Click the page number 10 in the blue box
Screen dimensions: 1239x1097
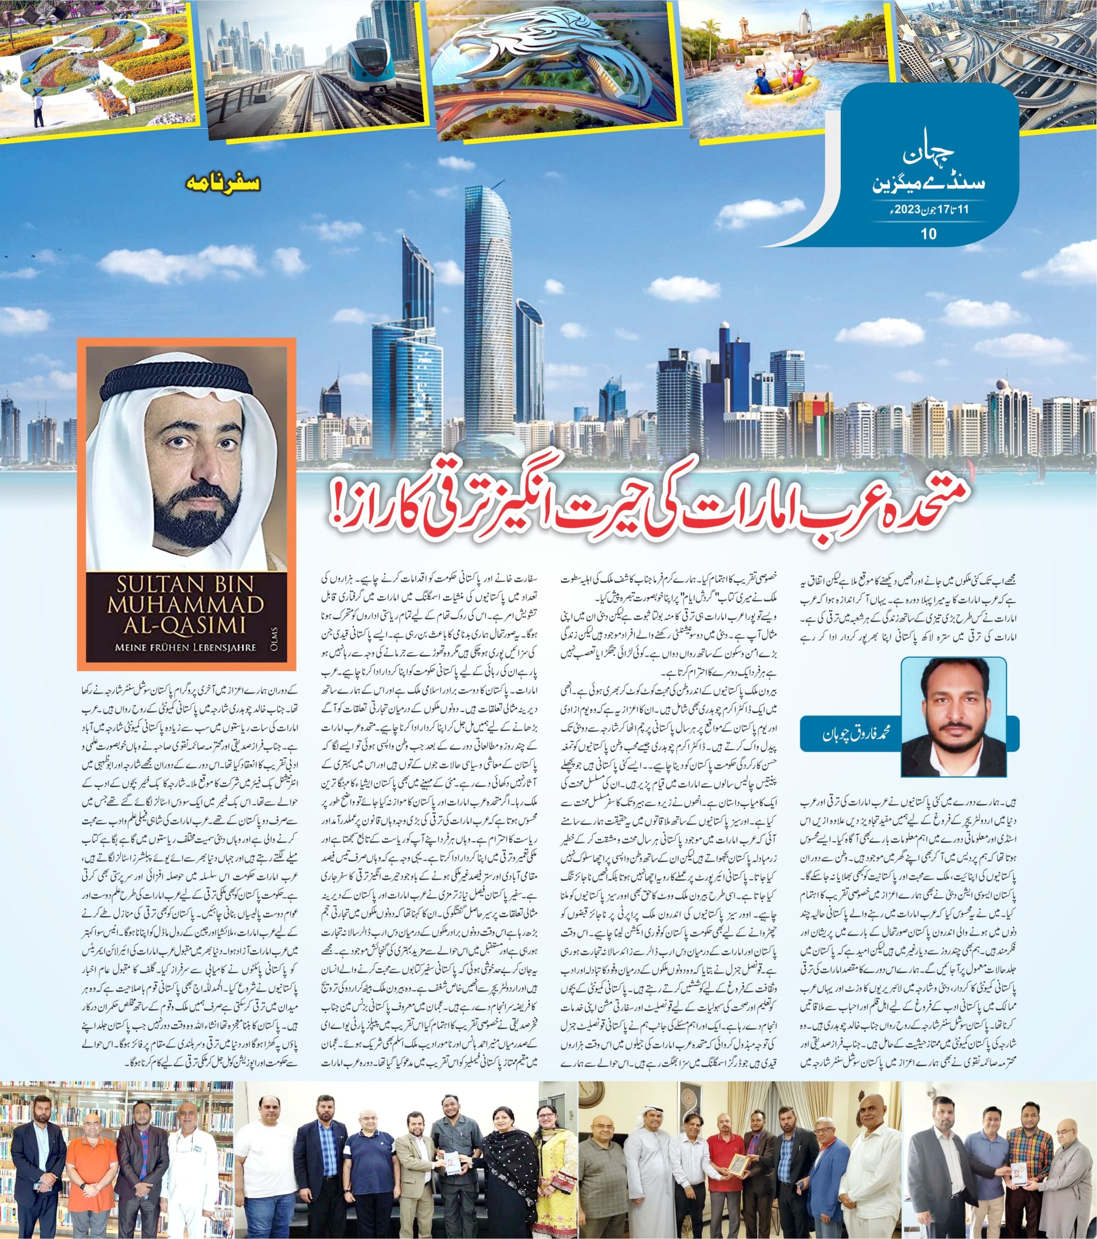pos(928,234)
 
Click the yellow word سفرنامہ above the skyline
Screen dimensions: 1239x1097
pos(223,182)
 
